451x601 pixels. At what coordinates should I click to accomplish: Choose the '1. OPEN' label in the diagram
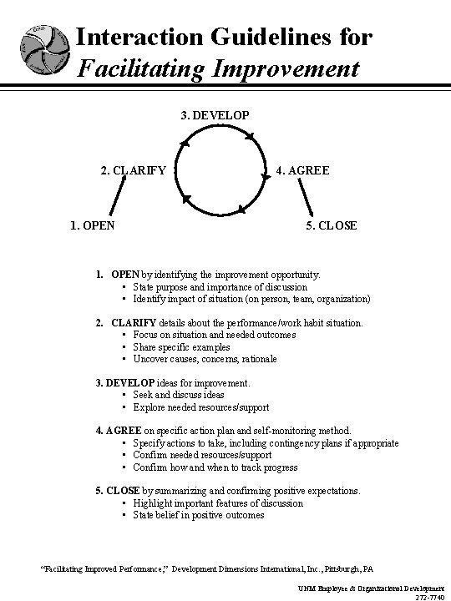point(92,225)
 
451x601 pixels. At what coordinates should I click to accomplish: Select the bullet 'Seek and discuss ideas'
point(179,395)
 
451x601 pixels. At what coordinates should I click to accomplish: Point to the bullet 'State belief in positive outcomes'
point(199,515)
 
